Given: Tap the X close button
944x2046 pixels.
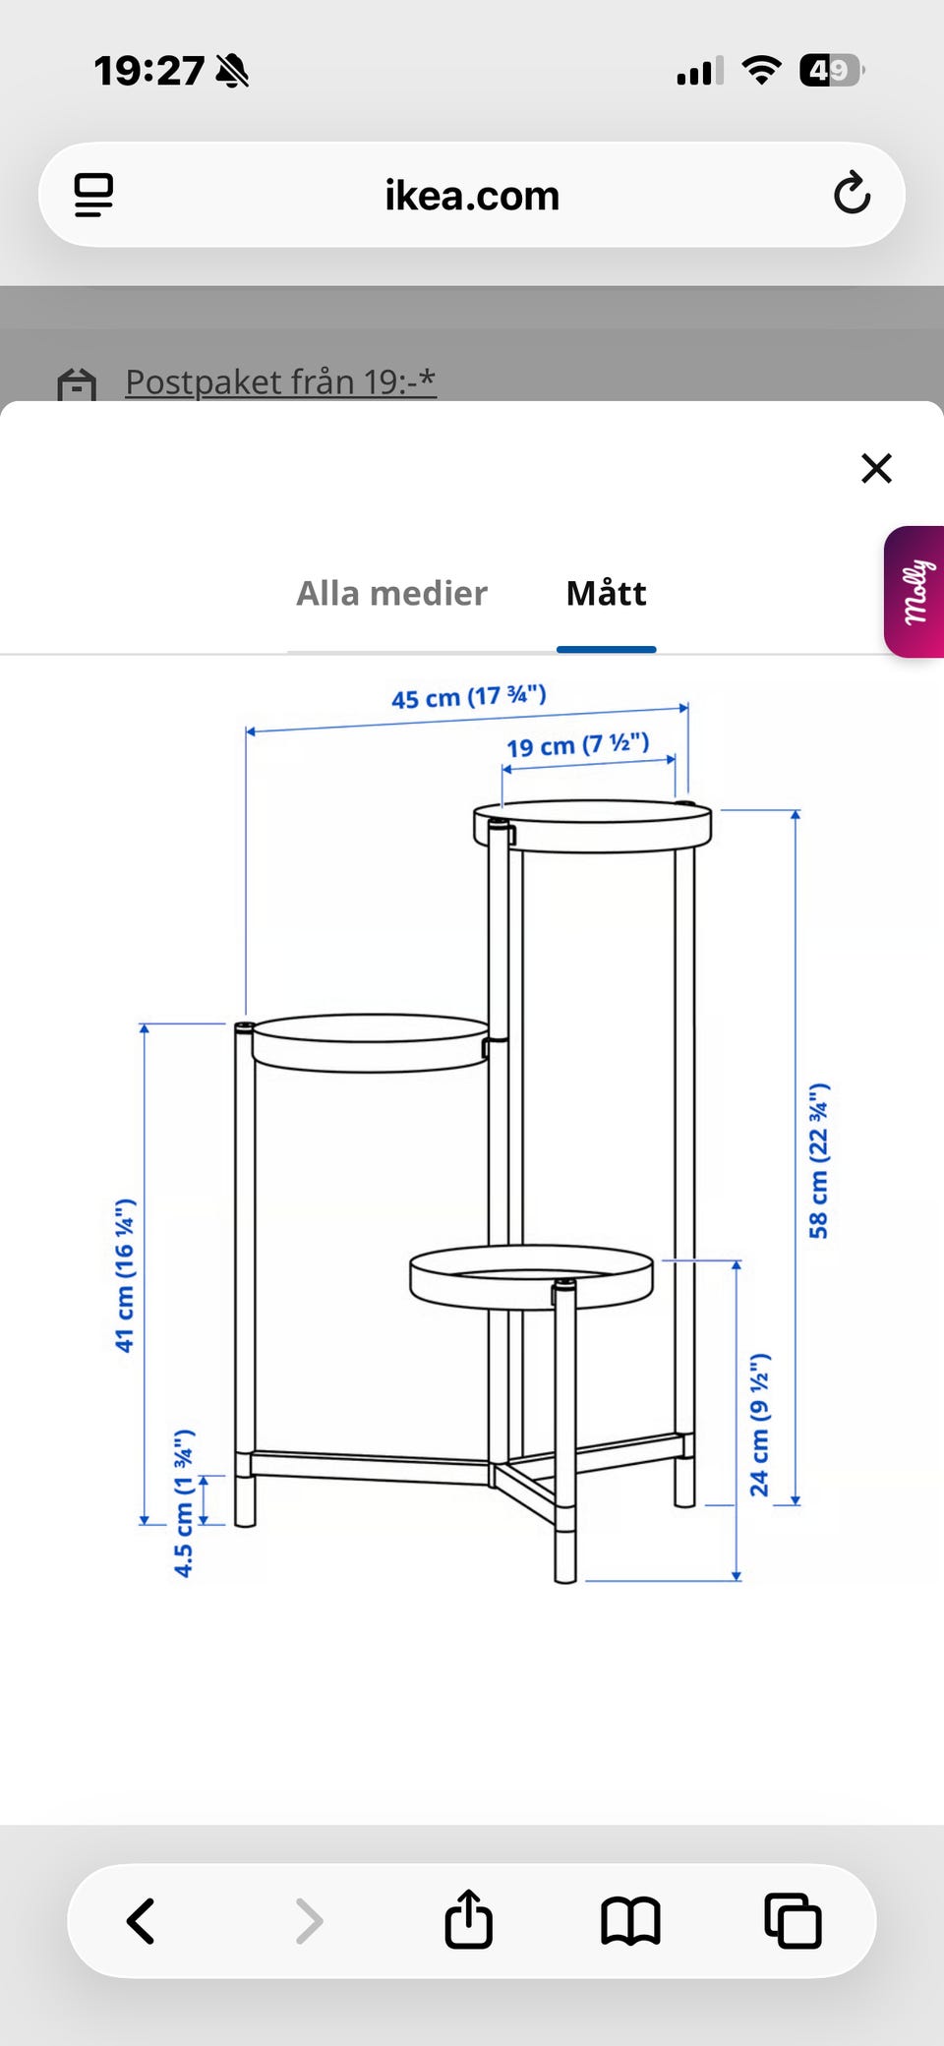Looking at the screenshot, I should (876, 469).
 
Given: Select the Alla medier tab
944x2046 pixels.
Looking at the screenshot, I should (391, 594).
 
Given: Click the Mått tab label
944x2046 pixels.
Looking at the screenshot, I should (606, 594).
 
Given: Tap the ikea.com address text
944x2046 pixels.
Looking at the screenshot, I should (472, 196).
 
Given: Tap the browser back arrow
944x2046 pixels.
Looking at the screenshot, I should (142, 1920).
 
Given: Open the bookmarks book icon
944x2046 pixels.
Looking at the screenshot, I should (630, 1920).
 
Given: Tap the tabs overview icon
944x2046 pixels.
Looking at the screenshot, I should (793, 1920).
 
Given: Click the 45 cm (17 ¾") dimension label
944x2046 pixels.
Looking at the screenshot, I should (468, 697).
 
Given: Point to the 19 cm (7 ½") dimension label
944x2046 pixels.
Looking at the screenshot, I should (577, 745).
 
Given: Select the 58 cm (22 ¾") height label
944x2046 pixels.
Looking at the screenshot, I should (818, 1160).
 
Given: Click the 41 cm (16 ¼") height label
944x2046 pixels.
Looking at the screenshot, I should (125, 1275).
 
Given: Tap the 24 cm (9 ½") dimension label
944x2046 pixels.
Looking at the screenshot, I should (759, 1425).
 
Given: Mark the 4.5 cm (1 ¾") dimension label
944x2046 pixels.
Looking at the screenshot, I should (184, 1502).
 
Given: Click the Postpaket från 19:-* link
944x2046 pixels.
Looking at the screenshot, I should (280, 381).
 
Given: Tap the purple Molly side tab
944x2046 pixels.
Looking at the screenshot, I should (915, 592).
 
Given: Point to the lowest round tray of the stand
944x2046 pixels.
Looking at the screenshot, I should (531, 1277).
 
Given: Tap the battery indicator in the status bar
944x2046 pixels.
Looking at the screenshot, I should (831, 71).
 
